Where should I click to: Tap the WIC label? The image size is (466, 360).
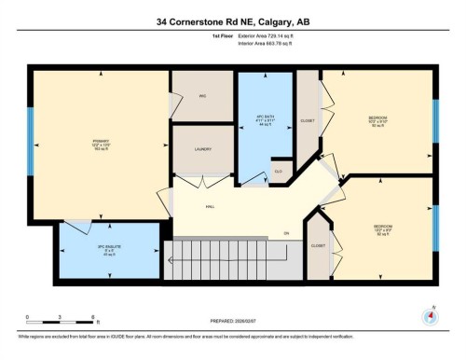click(x=201, y=96)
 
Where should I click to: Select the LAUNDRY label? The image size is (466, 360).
click(x=201, y=148)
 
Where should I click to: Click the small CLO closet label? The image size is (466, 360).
click(x=278, y=173)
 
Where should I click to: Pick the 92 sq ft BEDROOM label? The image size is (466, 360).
click(x=377, y=118)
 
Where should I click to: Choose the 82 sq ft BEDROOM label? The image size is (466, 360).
click(x=383, y=227)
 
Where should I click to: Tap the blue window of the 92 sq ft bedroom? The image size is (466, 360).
click(x=435, y=118)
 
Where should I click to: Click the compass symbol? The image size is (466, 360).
click(x=430, y=316)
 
